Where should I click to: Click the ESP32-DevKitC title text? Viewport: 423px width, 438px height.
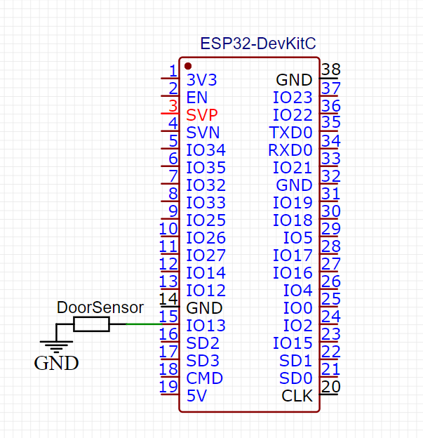258,44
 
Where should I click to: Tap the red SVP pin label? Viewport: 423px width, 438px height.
202,115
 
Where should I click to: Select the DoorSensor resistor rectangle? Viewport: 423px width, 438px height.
91,324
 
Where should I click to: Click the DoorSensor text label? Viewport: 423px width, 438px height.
100,307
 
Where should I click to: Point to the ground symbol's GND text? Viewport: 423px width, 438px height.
56,363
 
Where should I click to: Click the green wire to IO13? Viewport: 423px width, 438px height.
144,324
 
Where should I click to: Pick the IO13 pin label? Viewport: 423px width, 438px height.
206,326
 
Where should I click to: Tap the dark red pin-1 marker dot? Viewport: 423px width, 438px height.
188,66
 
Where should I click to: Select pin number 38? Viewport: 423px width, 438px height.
331,69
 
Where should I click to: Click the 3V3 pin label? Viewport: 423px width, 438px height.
201,80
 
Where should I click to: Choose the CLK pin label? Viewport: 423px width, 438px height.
297,396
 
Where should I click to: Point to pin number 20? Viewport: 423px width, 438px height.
331,387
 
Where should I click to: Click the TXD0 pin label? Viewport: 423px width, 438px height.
290,133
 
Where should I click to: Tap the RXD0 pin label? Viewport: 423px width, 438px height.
290,150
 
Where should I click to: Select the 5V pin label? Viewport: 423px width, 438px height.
197,396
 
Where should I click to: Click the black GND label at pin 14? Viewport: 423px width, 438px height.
204,308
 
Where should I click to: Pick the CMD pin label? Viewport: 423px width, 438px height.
204,378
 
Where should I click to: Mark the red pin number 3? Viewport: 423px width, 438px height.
173,106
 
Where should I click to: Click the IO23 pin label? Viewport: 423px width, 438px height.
293,98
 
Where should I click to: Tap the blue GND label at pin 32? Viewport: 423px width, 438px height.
295,185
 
